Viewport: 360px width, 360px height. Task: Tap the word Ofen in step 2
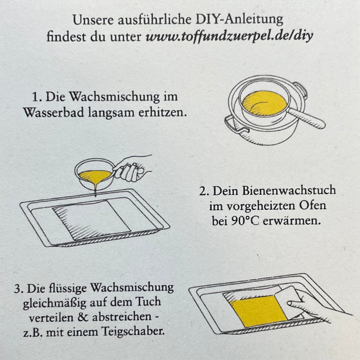pyautogui.click(x=313, y=206)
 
